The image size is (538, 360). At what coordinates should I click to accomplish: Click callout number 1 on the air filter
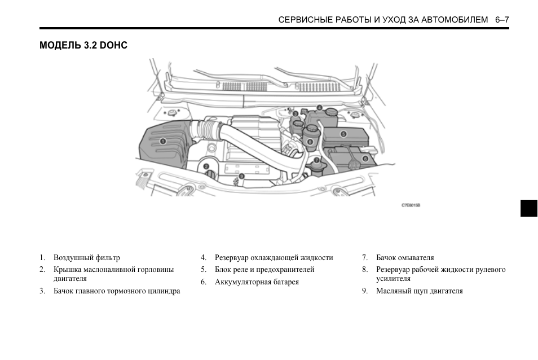(162, 141)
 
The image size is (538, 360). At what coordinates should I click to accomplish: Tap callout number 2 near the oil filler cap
(206, 166)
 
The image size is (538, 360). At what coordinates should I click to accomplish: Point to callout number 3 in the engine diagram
(295, 114)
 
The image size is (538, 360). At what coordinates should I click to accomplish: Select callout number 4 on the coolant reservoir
(319, 108)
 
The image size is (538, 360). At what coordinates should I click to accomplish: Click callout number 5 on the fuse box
(343, 134)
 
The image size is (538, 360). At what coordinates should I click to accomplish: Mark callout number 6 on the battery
(365, 159)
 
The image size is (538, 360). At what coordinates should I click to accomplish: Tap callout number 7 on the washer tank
(317, 160)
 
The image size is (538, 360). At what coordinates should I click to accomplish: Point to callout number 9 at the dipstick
(241, 175)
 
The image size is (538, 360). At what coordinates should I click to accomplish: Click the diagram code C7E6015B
(411, 205)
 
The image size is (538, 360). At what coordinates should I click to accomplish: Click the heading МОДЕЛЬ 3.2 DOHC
(83, 45)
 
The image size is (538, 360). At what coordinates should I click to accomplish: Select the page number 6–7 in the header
(502, 20)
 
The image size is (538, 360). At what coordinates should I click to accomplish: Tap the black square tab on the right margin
(528, 208)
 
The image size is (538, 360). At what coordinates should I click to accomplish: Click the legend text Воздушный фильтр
(87, 258)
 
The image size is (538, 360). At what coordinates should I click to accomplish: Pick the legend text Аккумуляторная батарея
(257, 282)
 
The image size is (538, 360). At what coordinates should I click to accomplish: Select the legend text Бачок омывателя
(405, 258)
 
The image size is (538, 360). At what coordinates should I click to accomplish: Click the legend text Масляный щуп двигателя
(420, 291)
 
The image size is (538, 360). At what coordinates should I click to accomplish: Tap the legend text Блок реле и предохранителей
(264, 270)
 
